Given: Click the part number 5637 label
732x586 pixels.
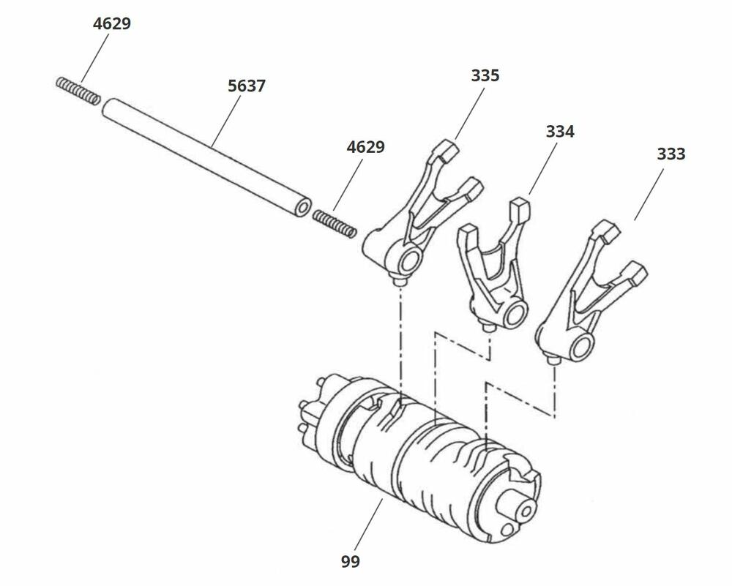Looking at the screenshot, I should [x=246, y=86].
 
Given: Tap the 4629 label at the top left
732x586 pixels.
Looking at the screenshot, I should [x=112, y=23].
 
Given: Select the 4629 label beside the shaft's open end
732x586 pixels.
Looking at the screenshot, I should [x=365, y=147].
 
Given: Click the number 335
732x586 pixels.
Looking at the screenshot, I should [x=485, y=75].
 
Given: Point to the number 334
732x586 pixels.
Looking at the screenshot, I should [x=560, y=132].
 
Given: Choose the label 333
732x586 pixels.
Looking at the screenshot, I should [x=671, y=154].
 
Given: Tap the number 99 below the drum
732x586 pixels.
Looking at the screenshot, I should [x=351, y=561].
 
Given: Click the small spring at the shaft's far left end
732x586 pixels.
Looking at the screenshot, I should [x=78, y=90].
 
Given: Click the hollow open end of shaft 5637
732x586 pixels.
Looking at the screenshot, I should [x=301, y=208].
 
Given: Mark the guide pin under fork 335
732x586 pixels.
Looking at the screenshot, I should [x=400, y=281].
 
